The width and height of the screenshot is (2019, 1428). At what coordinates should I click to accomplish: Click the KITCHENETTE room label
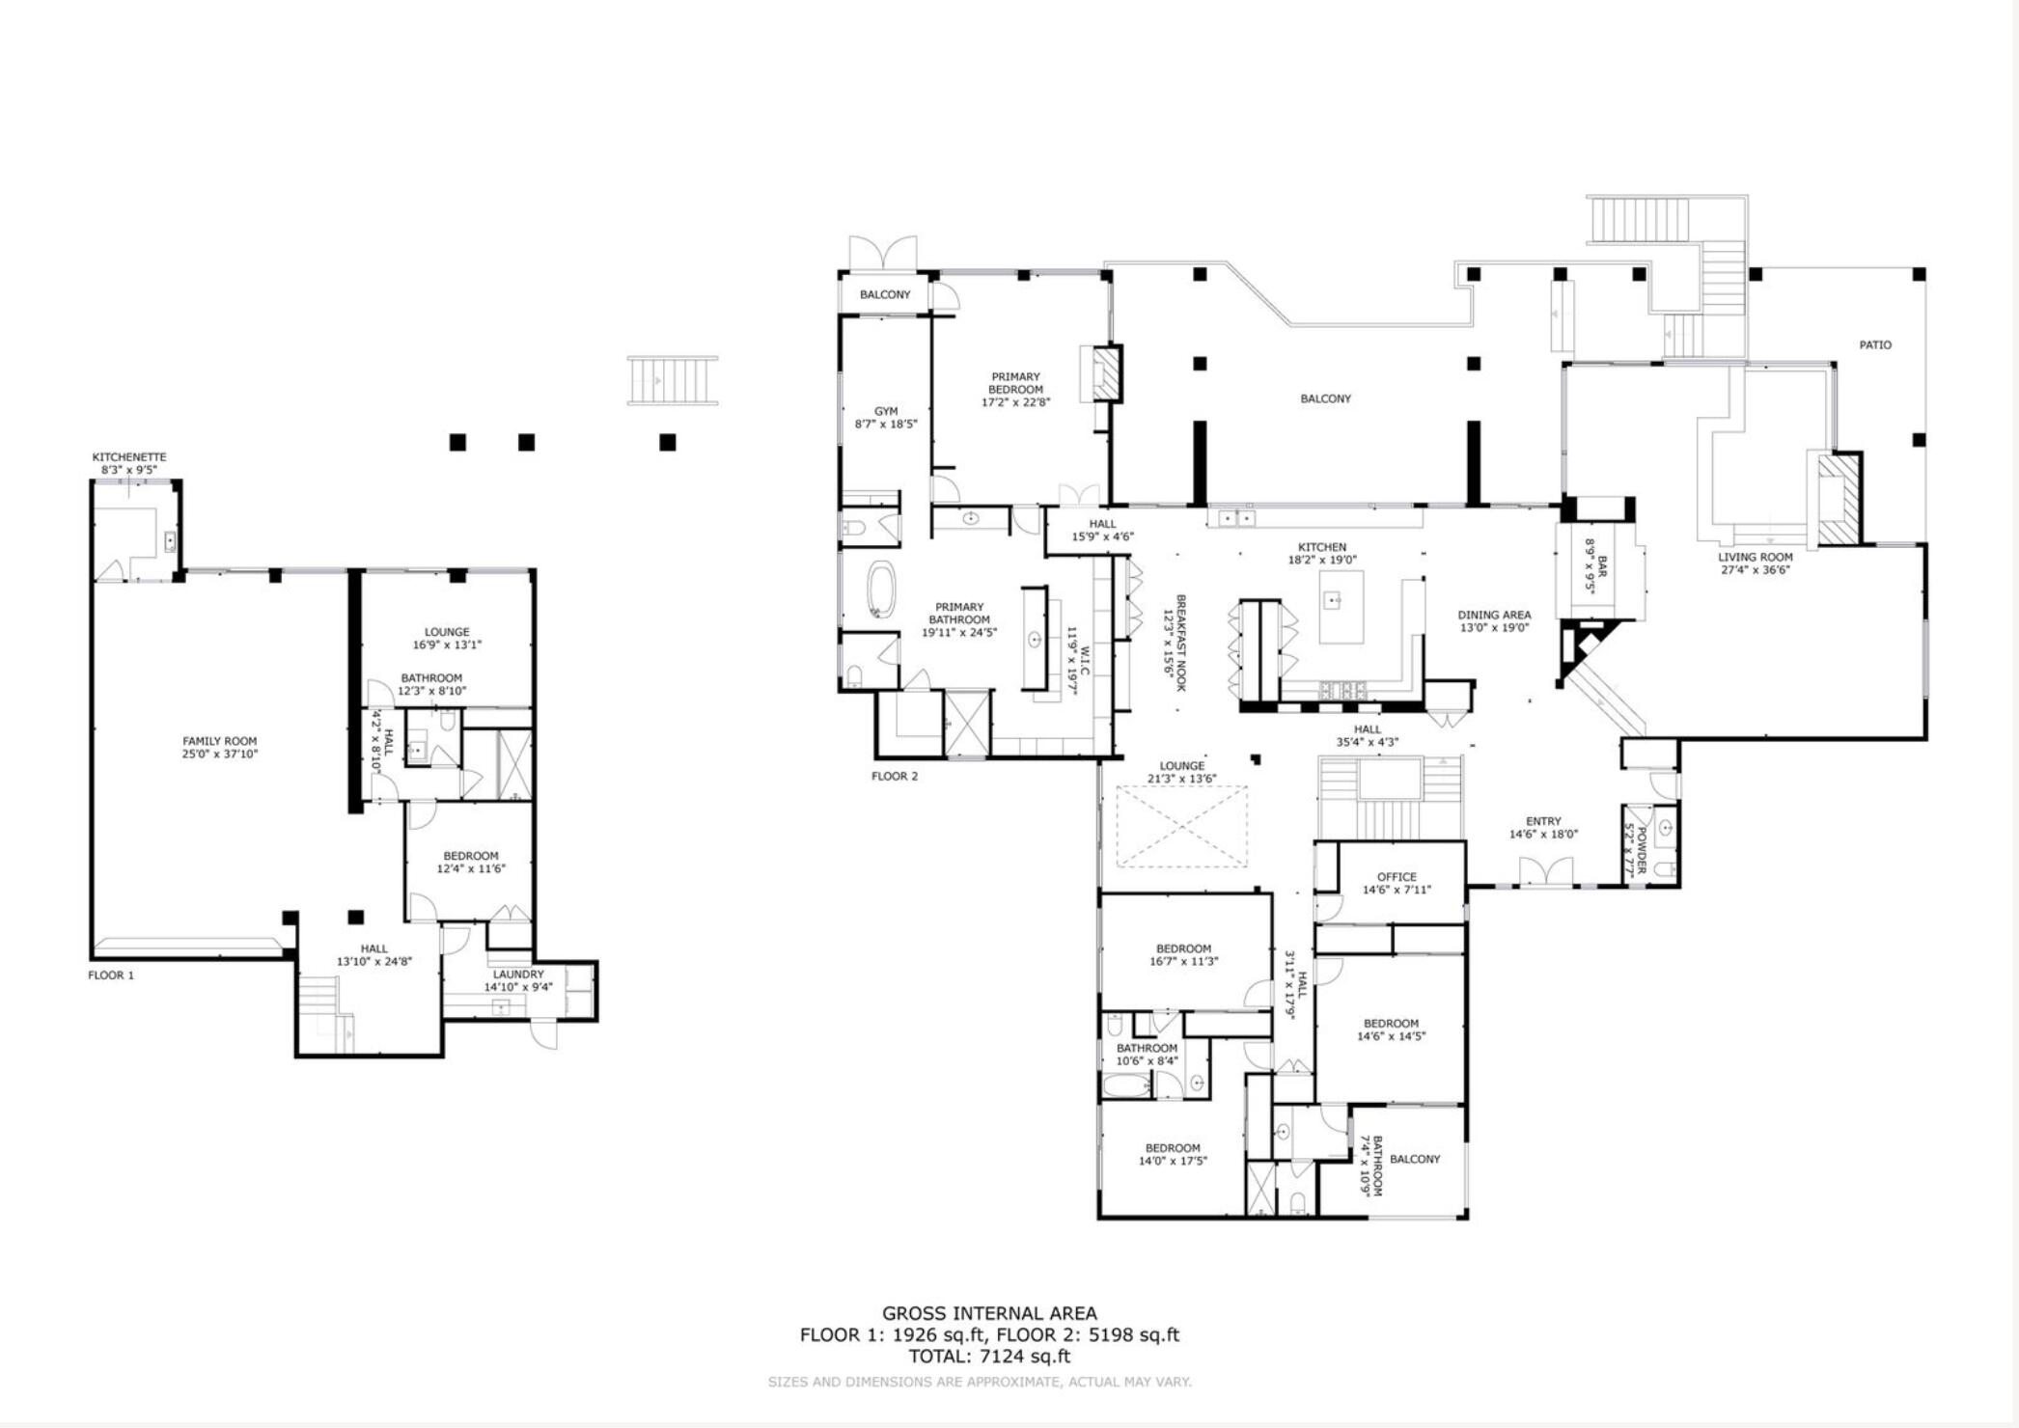129,457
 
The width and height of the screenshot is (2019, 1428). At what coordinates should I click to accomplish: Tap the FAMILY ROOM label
220,741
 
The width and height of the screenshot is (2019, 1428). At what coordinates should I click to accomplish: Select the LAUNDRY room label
518,975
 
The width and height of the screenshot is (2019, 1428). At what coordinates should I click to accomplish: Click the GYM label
886,412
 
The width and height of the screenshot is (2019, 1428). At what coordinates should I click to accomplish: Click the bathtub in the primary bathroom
881,590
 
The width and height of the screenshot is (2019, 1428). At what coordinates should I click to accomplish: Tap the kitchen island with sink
1341,606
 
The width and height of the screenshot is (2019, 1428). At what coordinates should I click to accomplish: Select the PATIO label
1875,344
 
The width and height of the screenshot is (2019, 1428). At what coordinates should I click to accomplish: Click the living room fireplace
1837,500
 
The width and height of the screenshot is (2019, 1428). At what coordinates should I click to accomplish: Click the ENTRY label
1543,821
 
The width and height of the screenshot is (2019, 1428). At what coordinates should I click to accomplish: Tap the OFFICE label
1397,877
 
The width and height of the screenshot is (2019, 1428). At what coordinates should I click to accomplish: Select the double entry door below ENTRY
1545,872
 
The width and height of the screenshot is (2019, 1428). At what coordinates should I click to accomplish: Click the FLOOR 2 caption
895,776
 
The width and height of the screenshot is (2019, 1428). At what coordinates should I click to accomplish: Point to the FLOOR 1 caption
111,975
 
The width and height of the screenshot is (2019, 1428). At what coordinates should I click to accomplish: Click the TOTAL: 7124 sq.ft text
989,1356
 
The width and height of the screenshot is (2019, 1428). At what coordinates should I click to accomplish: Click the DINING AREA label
1494,615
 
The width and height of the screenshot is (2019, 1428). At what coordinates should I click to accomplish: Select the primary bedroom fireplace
1107,373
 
